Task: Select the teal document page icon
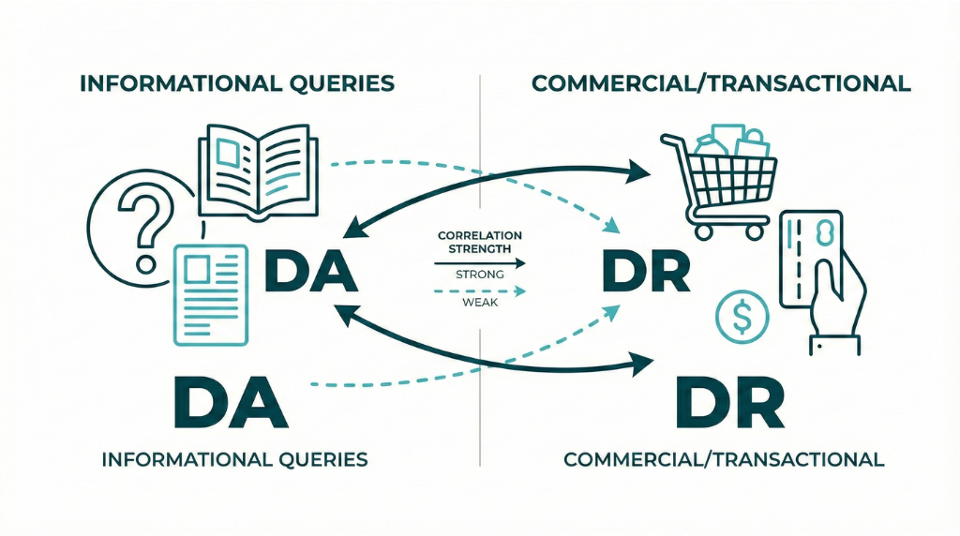point(210,293)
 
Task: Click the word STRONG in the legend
point(479,275)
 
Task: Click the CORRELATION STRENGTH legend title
point(480,242)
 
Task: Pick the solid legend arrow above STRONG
point(480,263)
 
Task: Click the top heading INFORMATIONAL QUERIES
point(236,83)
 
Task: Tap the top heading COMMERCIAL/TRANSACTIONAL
point(721,83)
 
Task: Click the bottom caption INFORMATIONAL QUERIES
point(234,459)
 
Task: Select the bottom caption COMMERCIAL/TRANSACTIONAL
point(724,459)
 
